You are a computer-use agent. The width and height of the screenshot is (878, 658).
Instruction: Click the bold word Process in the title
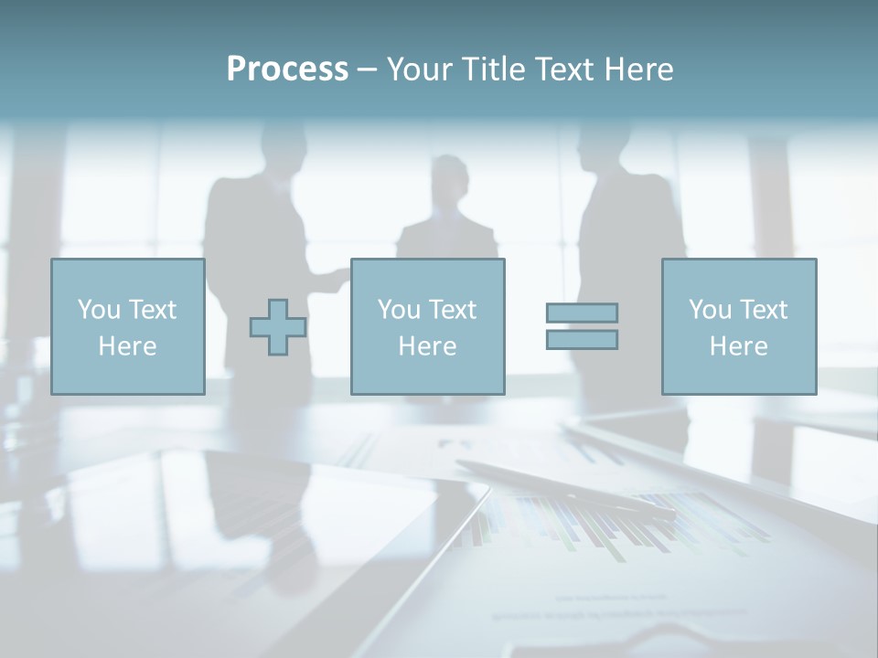(x=287, y=69)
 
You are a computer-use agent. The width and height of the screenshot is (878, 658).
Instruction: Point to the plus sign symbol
(x=278, y=326)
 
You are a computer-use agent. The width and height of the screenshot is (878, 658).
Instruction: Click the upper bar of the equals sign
(x=582, y=313)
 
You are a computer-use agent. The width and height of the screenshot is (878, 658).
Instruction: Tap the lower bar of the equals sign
(x=582, y=340)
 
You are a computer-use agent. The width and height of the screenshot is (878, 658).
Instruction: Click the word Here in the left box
(x=127, y=346)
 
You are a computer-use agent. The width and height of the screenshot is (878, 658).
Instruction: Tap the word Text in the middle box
(x=453, y=310)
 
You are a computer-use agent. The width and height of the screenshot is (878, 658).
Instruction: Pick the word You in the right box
(x=710, y=310)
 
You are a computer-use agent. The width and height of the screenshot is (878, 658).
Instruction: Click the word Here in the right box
(x=739, y=346)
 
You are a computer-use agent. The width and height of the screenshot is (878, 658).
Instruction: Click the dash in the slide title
(x=367, y=69)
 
